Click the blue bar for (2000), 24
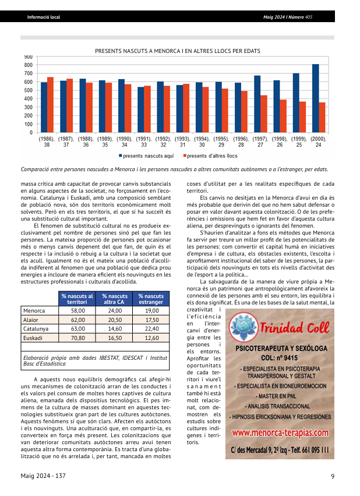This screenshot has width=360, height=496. tap(315, 98)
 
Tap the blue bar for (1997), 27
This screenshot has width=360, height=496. tap(257, 104)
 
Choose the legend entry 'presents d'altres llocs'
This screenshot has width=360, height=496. tap(211, 156)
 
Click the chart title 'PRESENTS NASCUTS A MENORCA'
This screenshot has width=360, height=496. tap(177, 51)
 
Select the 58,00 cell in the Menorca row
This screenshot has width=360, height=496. tap(77, 311)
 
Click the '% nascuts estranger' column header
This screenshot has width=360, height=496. tap(151, 299)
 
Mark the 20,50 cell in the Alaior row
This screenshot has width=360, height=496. tap(115, 320)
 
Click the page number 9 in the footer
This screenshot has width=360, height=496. tap(332, 477)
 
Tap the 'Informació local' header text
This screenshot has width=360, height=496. tap(44, 17)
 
